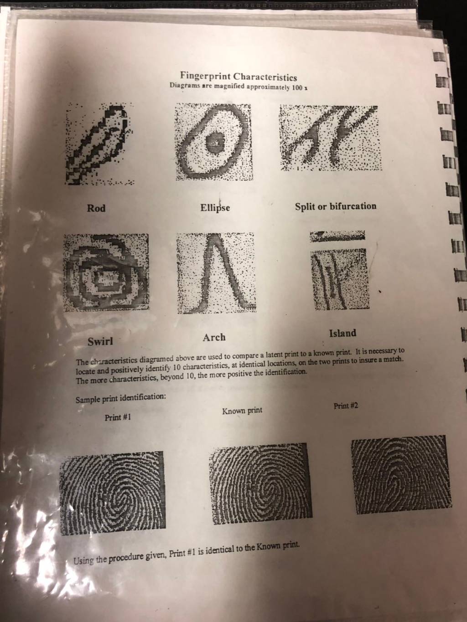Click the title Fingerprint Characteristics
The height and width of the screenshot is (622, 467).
tap(239, 77)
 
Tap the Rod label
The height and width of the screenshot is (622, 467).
tap(96, 208)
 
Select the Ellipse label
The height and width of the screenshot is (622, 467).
tap(215, 208)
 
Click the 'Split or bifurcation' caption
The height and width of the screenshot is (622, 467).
tap(336, 206)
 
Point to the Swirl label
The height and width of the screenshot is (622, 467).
tap(100, 341)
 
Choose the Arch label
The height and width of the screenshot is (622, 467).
tap(214, 337)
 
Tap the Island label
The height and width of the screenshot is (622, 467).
tap(342, 333)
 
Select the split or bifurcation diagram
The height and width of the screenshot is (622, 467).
tap(330, 138)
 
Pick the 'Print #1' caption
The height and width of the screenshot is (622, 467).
tap(118, 417)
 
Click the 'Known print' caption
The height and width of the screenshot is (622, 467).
tap(242, 410)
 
